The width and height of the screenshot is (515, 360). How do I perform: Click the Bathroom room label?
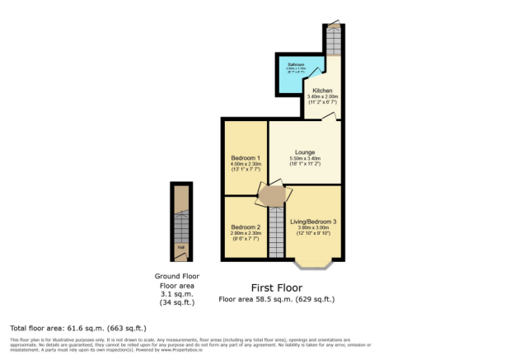point(291,63)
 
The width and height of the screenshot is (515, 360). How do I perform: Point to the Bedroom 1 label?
point(245,157)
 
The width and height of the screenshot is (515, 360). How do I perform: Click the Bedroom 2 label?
point(245,227)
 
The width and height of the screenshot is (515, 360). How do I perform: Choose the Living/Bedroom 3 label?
point(314,221)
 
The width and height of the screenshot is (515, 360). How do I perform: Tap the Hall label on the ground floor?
point(180,245)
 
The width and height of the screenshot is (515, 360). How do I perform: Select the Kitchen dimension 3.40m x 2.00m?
point(322,99)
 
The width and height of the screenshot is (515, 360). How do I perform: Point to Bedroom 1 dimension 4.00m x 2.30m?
point(245,164)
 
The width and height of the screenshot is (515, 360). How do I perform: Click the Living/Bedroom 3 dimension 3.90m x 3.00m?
point(314,227)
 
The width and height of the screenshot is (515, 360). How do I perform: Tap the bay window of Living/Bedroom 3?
point(313,264)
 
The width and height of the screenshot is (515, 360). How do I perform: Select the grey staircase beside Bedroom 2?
point(276,231)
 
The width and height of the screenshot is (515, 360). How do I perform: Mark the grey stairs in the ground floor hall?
point(180,223)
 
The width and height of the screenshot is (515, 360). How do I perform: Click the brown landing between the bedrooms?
point(273,195)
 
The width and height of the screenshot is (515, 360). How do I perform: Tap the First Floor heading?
point(276,288)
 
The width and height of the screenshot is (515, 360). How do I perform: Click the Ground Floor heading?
point(177,276)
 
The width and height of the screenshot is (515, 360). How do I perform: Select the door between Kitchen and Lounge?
point(327,118)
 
